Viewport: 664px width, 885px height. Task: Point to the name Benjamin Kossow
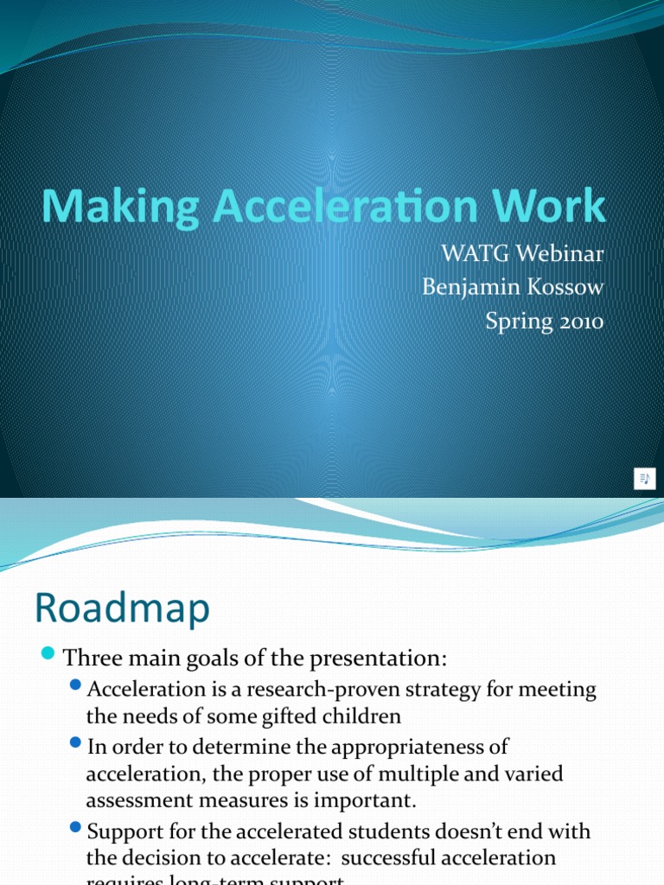[x=513, y=288]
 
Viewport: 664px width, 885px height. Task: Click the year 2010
[x=573, y=322]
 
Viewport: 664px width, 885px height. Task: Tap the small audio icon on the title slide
[x=644, y=478]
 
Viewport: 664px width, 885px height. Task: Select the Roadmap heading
[x=122, y=608]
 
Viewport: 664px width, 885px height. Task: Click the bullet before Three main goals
[x=48, y=653]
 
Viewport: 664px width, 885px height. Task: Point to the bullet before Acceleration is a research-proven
[x=76, y=686]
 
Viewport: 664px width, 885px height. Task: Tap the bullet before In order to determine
[x=76, y=743]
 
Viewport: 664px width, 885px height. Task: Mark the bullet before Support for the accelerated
[x=76, y=828]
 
